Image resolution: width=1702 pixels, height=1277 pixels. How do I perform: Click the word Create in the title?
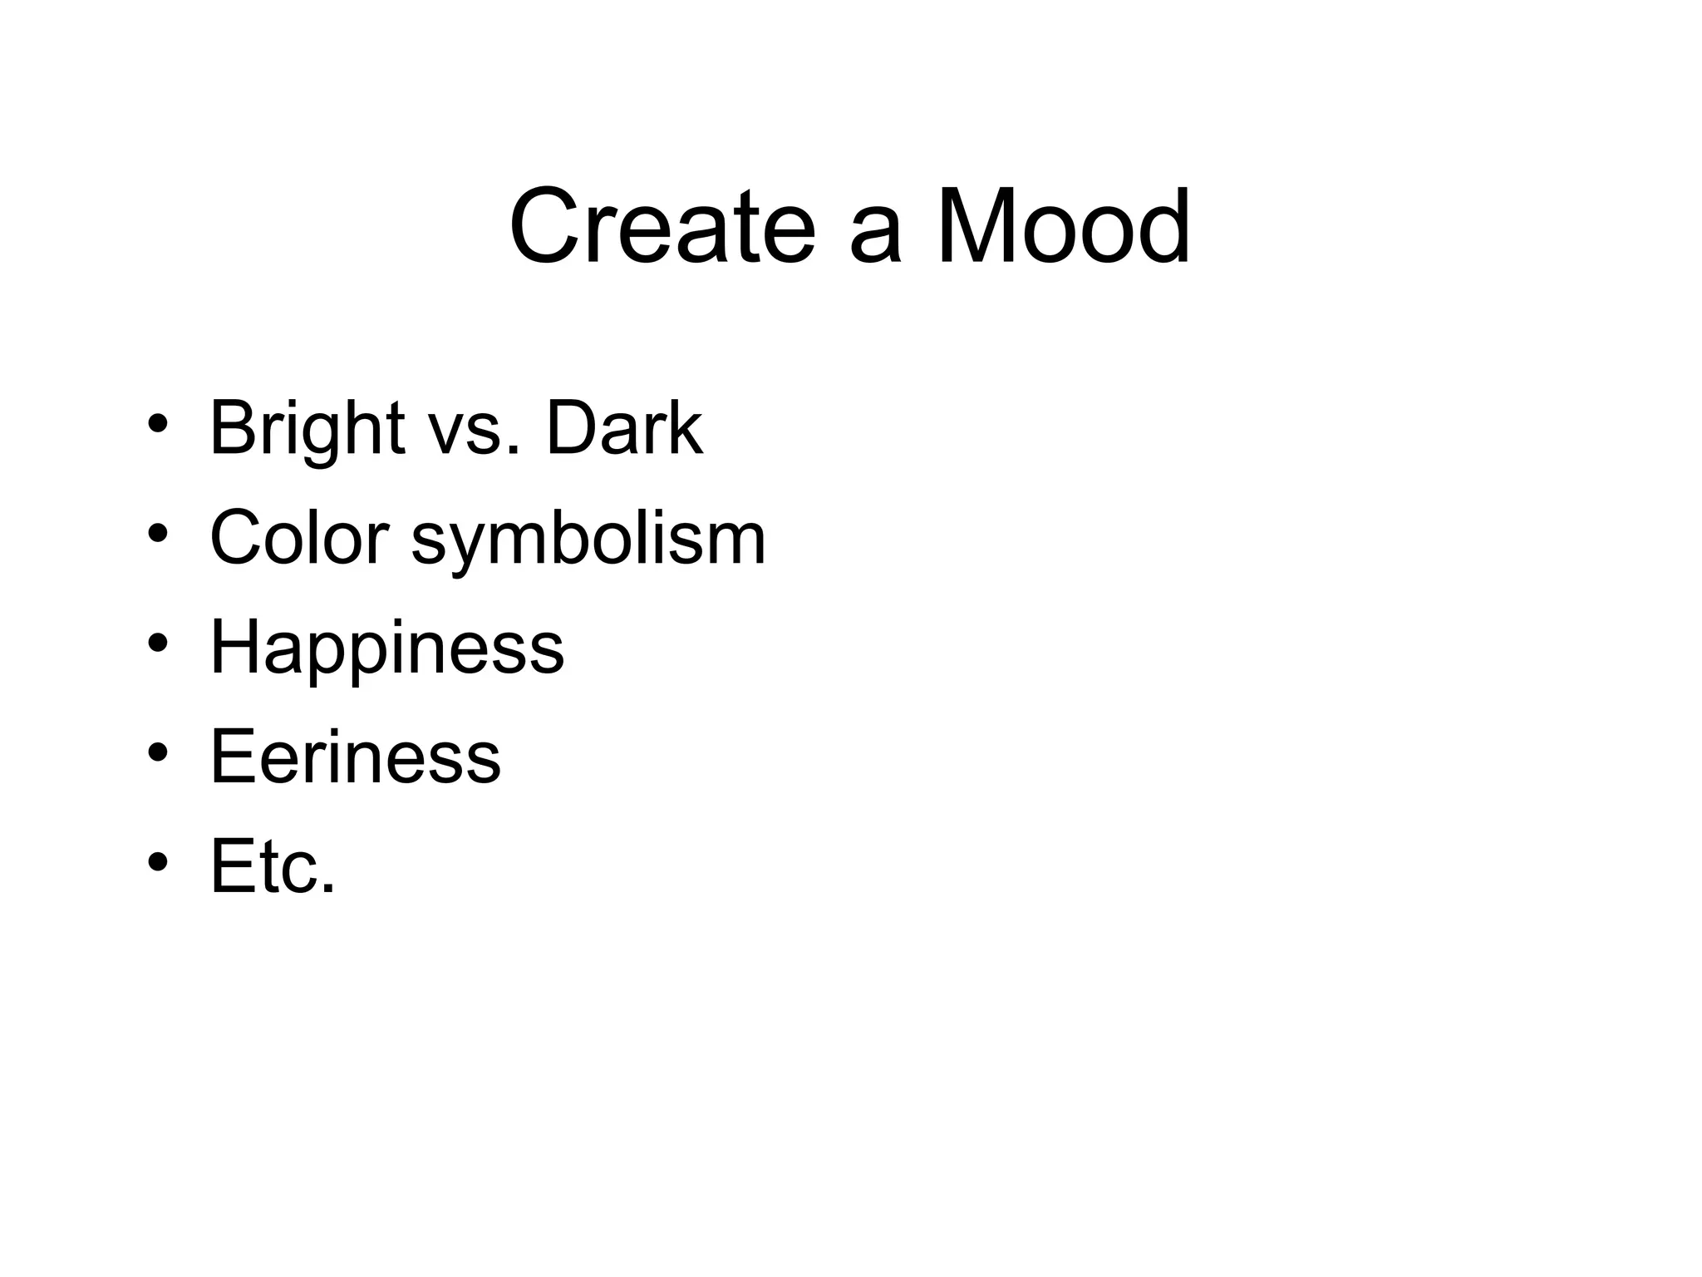(662, 226)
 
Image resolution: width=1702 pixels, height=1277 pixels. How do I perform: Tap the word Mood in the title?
(1064, 226)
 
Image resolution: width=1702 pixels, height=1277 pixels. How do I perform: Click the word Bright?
(307, 430)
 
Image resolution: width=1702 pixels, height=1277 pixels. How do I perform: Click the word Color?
(299, 538)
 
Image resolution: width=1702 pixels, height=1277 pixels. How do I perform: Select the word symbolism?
(588, 542)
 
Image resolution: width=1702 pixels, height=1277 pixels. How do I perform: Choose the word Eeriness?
(356, 756)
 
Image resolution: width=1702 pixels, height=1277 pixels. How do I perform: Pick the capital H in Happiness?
(235, 647)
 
